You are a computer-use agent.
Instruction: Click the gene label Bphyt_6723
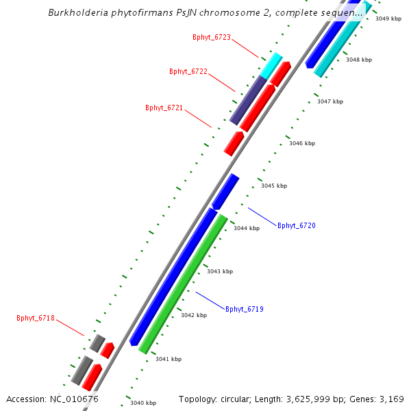coord(212,37)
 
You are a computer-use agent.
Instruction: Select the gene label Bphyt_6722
coord(188,71)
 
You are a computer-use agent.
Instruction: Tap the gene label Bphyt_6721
coord(164,108)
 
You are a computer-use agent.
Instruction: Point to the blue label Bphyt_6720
coord(296,225)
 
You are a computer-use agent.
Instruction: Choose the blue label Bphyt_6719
coord(244,310)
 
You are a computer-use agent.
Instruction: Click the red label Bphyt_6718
coord(36,318)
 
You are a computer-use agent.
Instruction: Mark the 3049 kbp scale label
coord(388,18)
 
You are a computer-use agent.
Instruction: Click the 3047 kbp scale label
coord(329,101)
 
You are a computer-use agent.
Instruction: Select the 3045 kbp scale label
coord(274,186)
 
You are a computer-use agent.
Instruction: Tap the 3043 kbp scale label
coord(219,272)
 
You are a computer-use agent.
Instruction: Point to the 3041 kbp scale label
coord(168,359)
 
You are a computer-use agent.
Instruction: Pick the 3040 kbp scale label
coord(143,403)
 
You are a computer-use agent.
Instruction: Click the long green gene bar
coord(184,284)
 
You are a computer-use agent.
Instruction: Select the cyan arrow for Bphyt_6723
coord(271,64)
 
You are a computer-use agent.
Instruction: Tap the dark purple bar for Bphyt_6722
coord(248,100)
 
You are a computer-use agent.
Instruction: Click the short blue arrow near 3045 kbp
coord(225,192)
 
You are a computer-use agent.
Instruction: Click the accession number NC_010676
coord(73,399)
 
